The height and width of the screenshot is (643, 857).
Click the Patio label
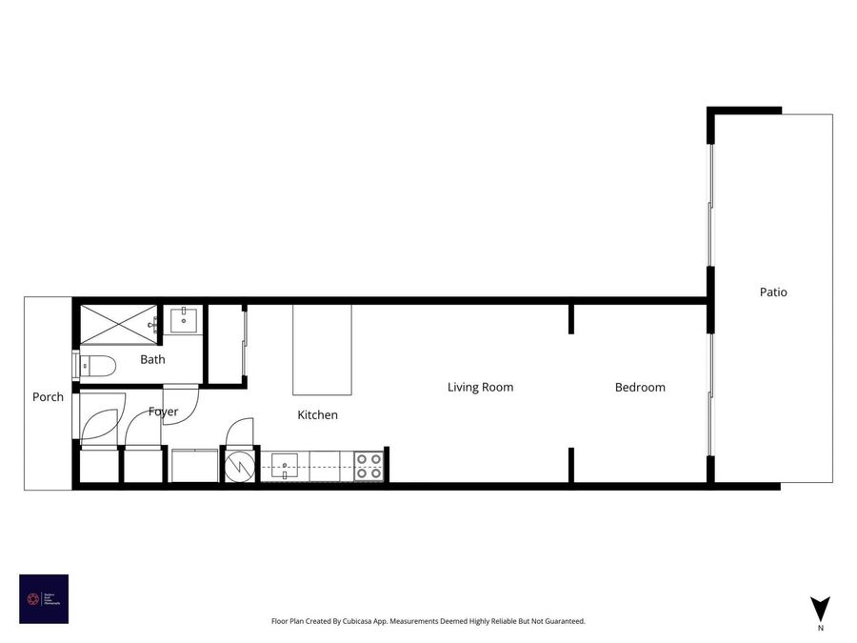coord(773,292)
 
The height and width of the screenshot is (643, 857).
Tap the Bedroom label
coord(640,388)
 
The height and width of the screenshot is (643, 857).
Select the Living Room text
coord(480,388)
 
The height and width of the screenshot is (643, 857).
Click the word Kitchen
coord(317,415)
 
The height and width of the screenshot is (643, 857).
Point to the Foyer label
coord(163,412)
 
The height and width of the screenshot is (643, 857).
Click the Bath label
coord(152,360)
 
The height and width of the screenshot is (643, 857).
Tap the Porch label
coord(48,397)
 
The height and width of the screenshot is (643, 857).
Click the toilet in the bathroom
coord(95,364)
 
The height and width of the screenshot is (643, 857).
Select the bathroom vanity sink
coord(184,320)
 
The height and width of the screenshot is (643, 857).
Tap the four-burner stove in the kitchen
coord(369,466)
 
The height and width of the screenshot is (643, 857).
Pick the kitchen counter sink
coord(285,466)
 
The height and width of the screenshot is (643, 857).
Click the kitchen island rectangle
coord(322,350)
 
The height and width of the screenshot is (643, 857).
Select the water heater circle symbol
coord(240,466)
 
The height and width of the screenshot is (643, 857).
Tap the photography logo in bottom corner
coord(44,599)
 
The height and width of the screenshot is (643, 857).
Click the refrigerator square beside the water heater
coord(194,466)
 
